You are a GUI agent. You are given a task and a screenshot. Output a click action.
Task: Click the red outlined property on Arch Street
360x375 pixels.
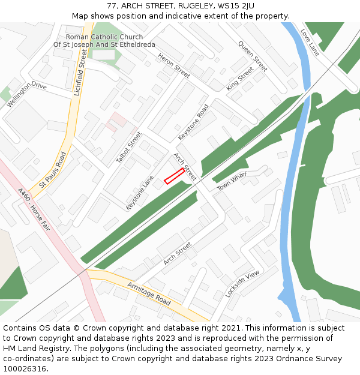tap(174, 176)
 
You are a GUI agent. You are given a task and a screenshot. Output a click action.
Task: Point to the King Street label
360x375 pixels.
tap(240, 80)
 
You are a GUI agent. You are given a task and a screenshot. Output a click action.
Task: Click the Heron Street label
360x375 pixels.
tap(174, 65)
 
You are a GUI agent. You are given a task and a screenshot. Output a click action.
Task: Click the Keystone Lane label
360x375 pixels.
tap(140, 192)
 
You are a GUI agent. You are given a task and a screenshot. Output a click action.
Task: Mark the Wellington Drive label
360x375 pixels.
tap(26, 95)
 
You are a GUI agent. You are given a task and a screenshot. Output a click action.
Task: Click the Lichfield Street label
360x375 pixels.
tap(80, 73)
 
